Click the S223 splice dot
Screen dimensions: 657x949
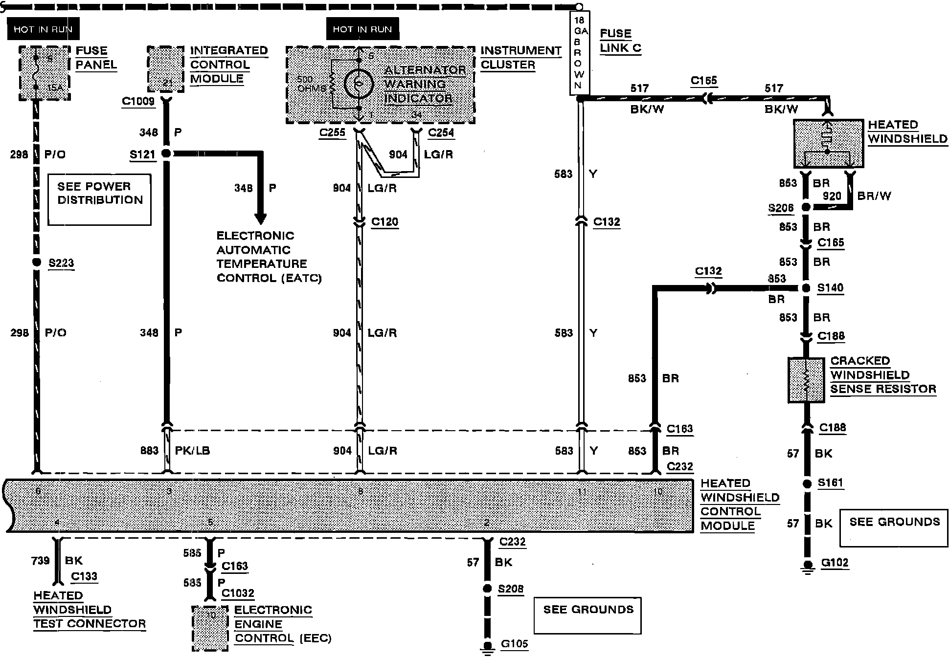(x=36, y=263)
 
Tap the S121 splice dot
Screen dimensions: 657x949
(x=166, y=153)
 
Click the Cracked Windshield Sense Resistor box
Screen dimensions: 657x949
(x=807, y=380)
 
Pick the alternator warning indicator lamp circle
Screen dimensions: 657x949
(x=359, y=84)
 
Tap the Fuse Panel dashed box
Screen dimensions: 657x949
(x=44, y=73)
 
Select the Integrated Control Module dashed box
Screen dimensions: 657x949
(x=166, y=69)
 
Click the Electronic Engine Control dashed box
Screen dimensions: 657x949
(x=210, y=628)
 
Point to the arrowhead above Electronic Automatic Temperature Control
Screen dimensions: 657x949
(x=261, y=218)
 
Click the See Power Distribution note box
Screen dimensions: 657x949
(x=99, y=200)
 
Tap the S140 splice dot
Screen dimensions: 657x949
(x=807, y=288)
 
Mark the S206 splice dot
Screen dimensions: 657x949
(x=807, y=208)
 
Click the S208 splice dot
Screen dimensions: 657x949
(x=487, y=589)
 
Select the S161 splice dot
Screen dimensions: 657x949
(x=807, y=484)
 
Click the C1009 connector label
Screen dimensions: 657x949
(x=138, y=101)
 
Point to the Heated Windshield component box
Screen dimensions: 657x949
(x=828, y=144)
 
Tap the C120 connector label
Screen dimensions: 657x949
(x=384, y=222)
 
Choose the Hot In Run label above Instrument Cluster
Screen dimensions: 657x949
(x=362, y=29)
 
